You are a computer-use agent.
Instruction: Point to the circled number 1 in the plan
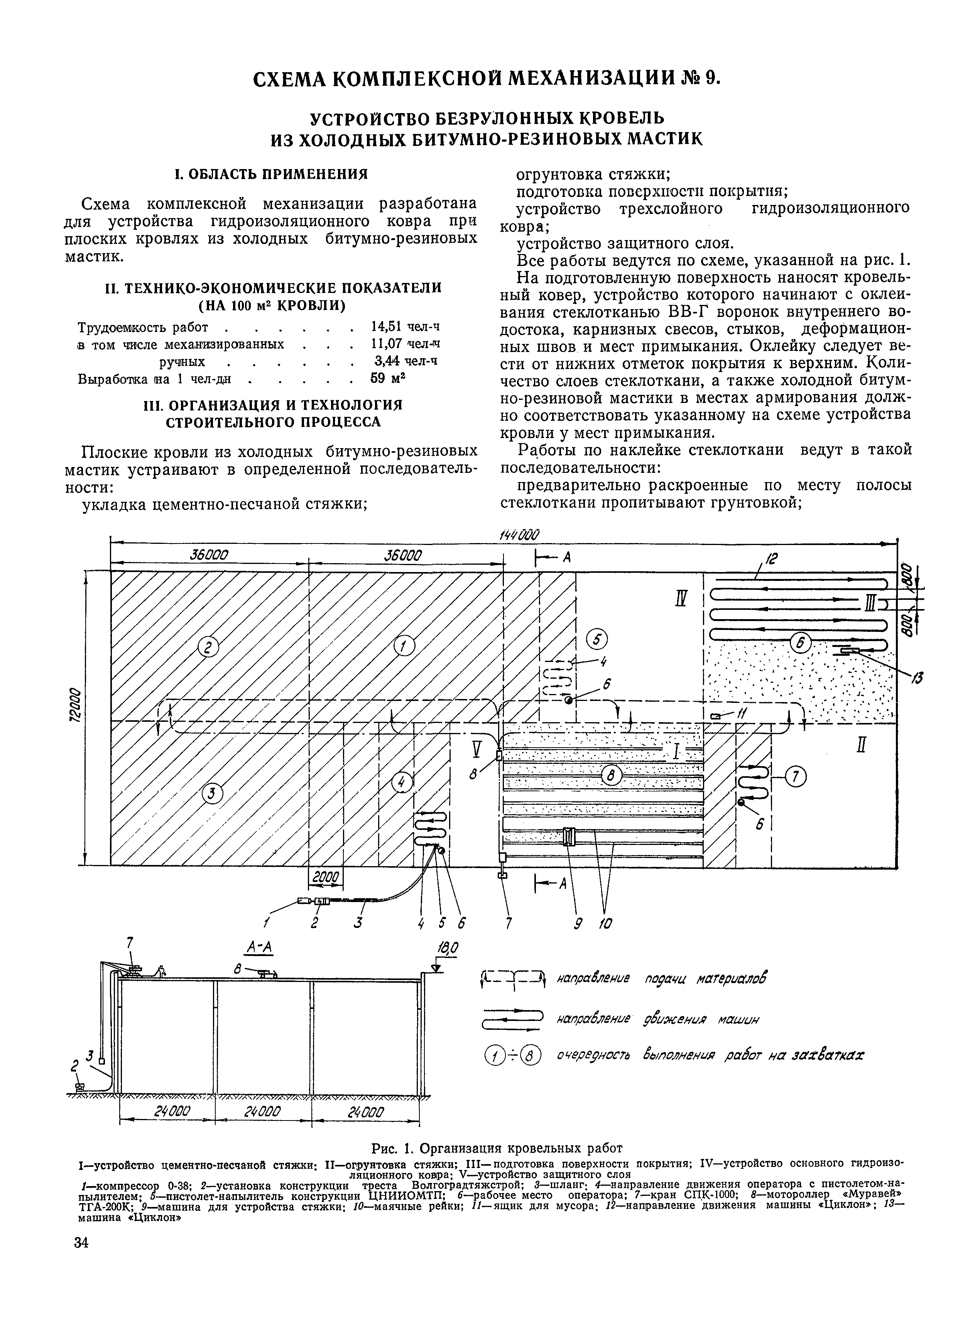coord(405,647)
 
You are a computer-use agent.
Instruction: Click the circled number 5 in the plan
coord(597,640)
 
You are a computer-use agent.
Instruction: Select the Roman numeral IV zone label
coord(681,600)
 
